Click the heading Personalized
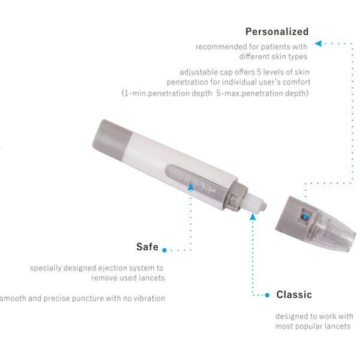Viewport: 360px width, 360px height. pyautogui.click(x=277, y=31)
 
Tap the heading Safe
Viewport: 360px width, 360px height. pyautogui.click(x=147, y=247)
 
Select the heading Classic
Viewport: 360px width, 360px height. pyautogui.click(x=294, y=295)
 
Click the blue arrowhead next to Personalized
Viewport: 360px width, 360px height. pyautogui.click(x=319, y=43)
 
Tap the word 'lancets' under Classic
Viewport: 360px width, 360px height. pyautogui.click(x=339, y=326)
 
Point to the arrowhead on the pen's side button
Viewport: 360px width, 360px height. pyautogui.click(x=191, y=187)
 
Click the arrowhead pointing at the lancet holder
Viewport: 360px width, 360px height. pyautogui.click(x=253, y=216)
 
